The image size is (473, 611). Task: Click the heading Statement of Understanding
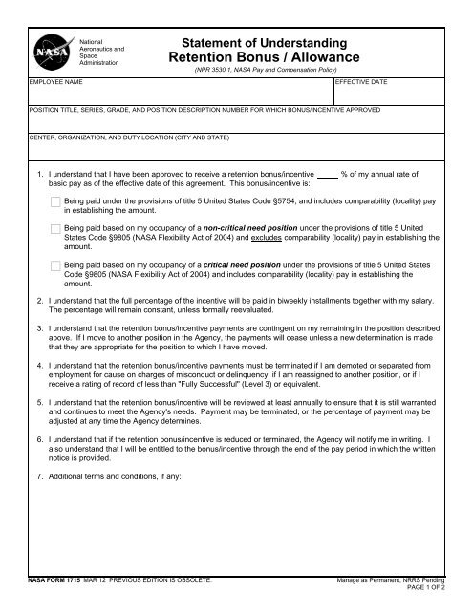click(x=261, y=44)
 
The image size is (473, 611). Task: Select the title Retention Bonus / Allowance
click(x=261, y=59)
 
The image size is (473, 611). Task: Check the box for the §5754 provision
click(x=55, y=203)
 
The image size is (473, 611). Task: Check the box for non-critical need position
click(x=55, y=230)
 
